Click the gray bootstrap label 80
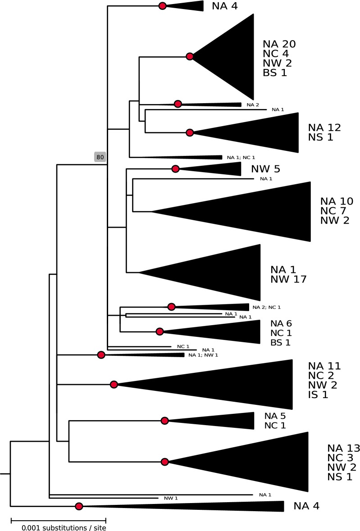100,157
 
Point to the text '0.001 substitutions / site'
64,526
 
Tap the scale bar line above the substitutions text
59,518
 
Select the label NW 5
266,169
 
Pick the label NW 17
288,279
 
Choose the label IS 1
318,395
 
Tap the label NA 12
325,127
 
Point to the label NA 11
325,366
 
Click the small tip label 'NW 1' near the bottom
171,498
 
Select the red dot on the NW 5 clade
175,169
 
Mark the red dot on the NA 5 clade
165,421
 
